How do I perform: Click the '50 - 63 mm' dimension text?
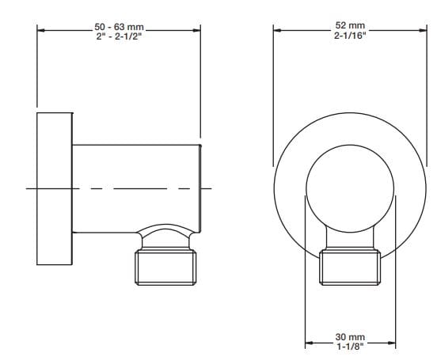[119, 27]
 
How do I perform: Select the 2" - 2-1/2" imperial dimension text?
[119, 36]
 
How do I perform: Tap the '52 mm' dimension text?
[350, 25]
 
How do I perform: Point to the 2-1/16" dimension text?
[350, 35]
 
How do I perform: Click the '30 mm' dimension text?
[350, 337]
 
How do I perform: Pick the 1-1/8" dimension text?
[350, 347]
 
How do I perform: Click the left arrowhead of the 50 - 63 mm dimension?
[41, 30]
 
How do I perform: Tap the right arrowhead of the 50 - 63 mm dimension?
[196, 30]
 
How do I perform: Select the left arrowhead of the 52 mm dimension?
[277, 30]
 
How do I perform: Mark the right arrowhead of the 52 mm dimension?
[423, 30]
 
